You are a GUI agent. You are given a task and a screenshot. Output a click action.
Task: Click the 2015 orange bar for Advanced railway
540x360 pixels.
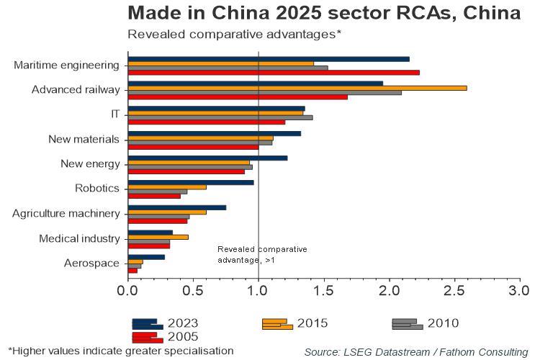(297, 88)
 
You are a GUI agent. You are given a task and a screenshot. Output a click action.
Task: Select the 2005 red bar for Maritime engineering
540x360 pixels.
(273, 72)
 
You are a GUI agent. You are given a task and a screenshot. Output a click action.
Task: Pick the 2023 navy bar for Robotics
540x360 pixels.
(190, 182)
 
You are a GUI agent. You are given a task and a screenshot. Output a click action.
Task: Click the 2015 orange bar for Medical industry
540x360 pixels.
(158, 236)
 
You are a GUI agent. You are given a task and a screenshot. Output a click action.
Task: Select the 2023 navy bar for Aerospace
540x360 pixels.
(146, 257)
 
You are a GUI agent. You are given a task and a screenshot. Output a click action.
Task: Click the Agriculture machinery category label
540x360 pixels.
(66, 213)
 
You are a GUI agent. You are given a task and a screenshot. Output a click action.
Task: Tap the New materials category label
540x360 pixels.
(84, 139)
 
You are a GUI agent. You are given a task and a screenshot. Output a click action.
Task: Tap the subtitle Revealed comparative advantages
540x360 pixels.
(233, 34)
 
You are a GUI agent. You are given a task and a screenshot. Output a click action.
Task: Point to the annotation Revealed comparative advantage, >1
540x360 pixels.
(261, 254)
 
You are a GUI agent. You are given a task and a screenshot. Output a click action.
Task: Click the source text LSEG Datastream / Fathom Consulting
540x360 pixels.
(415, 351)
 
